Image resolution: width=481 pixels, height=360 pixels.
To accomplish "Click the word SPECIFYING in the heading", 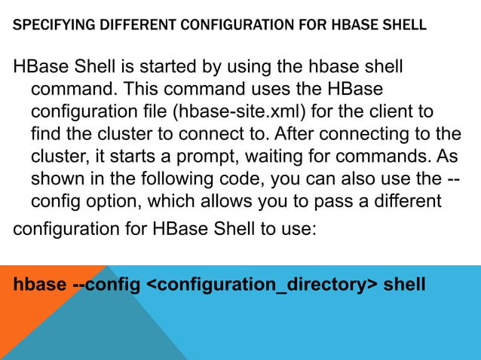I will (51, 25).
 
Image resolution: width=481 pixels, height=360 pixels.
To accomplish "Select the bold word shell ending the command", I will (405, 285).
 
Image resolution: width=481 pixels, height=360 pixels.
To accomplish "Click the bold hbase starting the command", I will (39, 285).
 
